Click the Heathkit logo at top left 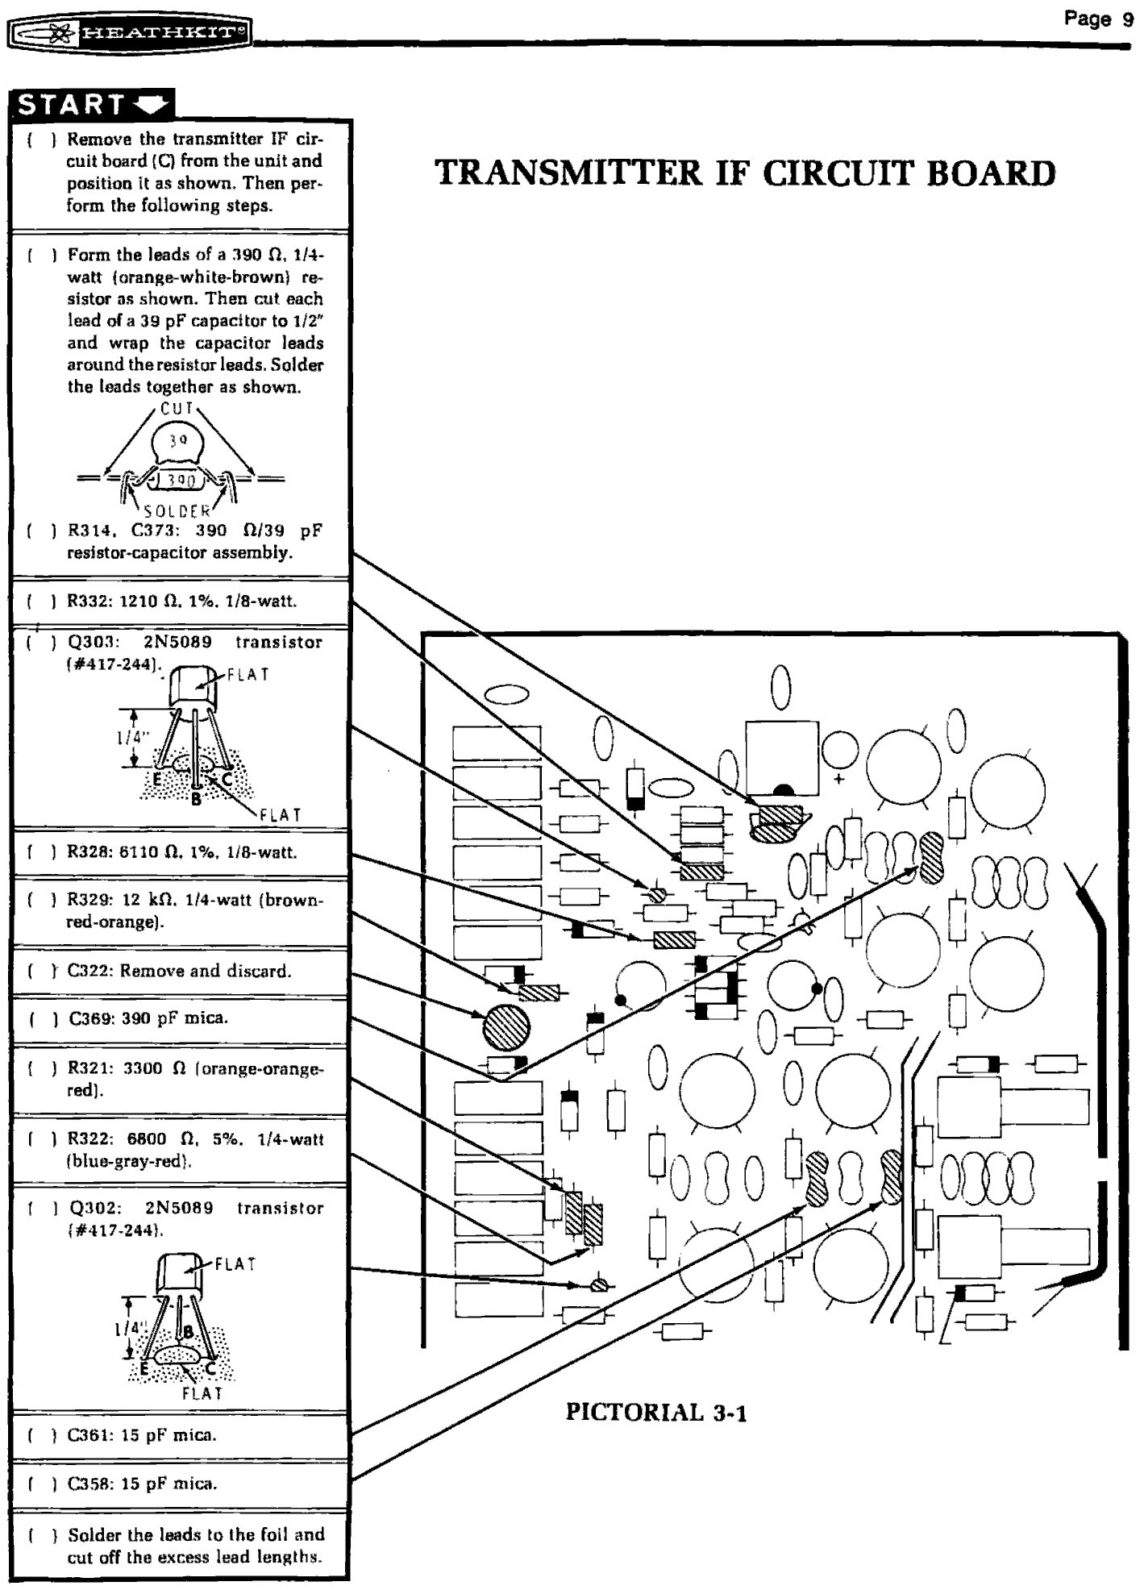click(130, 33)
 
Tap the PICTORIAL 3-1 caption click(656, 1413)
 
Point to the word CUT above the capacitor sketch click(177, 409)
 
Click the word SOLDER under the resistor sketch click(177, 511)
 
